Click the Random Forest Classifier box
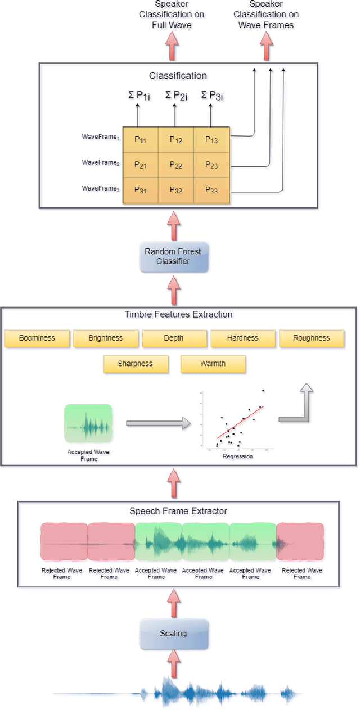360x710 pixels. (x=173, y=256)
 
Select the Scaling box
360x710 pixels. (x=173, y=634)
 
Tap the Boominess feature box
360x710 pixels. (x=37, y=338)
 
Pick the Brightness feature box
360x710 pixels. (x=106, y=338)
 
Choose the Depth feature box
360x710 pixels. (x=174, y=338)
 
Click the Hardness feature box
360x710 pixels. (x=243, y=338)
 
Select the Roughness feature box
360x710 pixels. (x=312, y=338)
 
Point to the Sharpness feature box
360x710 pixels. (x=136, y=364)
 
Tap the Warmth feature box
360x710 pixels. (x=213, y=364)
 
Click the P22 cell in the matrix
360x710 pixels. (x=175, y=165)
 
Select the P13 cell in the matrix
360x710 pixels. (x=211, y=139)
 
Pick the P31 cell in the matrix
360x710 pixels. (x=139, y=191)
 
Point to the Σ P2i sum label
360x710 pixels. (x=175, y=96)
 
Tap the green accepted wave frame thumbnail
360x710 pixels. (x=88, y=423)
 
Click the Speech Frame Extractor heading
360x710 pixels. (x=178, y=511)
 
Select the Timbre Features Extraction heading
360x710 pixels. (x=178, y=314)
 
